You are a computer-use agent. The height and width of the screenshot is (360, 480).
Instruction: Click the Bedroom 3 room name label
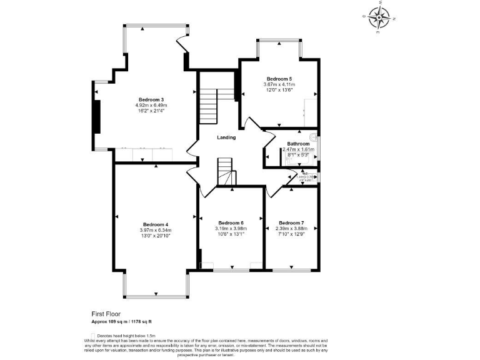(x=151, y=100)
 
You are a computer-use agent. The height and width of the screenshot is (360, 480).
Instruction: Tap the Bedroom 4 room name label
(x=155, y=224)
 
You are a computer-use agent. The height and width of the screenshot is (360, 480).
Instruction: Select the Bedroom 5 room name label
(x=279, y=79)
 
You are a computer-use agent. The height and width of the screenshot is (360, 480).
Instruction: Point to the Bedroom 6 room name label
(x=231, y=223)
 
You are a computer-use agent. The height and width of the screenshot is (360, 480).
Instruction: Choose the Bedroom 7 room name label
(x=291, y=223)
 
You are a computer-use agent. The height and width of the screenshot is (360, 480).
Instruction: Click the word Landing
(x=226, y=137)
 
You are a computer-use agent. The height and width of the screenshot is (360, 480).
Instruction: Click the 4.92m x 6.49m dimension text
(x=151, y=106)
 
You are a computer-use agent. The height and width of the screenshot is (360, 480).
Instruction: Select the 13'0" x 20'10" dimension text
(x=155, y=236)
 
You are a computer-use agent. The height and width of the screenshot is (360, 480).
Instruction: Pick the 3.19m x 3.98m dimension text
(x=231, y=229)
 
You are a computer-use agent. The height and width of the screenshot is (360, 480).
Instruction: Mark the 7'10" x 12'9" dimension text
(x=291, y=234)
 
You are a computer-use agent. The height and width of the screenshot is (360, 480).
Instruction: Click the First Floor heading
(x=106, y=314)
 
